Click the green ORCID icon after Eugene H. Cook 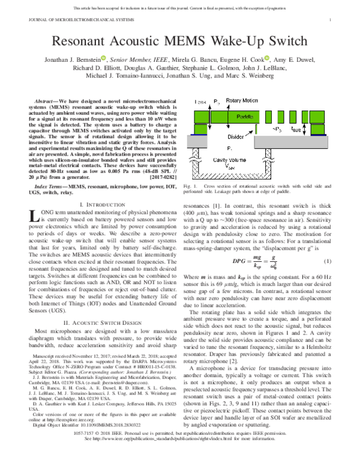[x=267, y=59]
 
